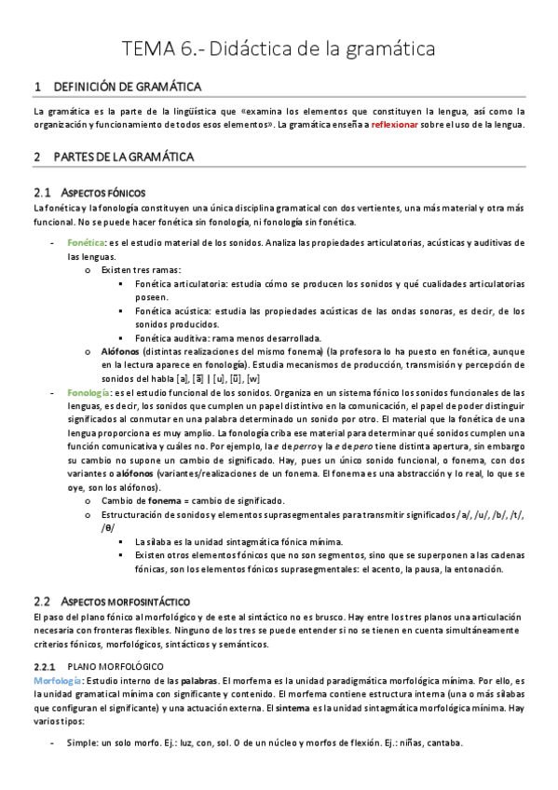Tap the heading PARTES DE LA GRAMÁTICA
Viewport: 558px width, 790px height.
pos(124,157)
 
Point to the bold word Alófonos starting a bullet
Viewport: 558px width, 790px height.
pos(119,351)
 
